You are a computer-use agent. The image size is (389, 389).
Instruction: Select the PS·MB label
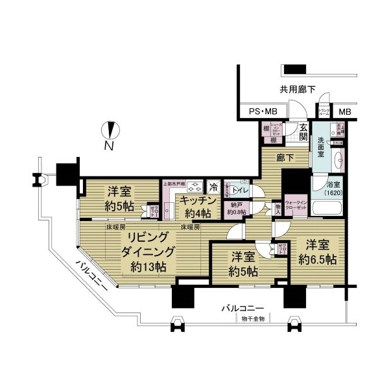(264, 112)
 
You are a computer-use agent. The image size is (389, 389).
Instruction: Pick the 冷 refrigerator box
(213, 186)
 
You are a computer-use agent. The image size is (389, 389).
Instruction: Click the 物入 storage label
(277, 208)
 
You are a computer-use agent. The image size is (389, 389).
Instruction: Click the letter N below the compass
(110, 147)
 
